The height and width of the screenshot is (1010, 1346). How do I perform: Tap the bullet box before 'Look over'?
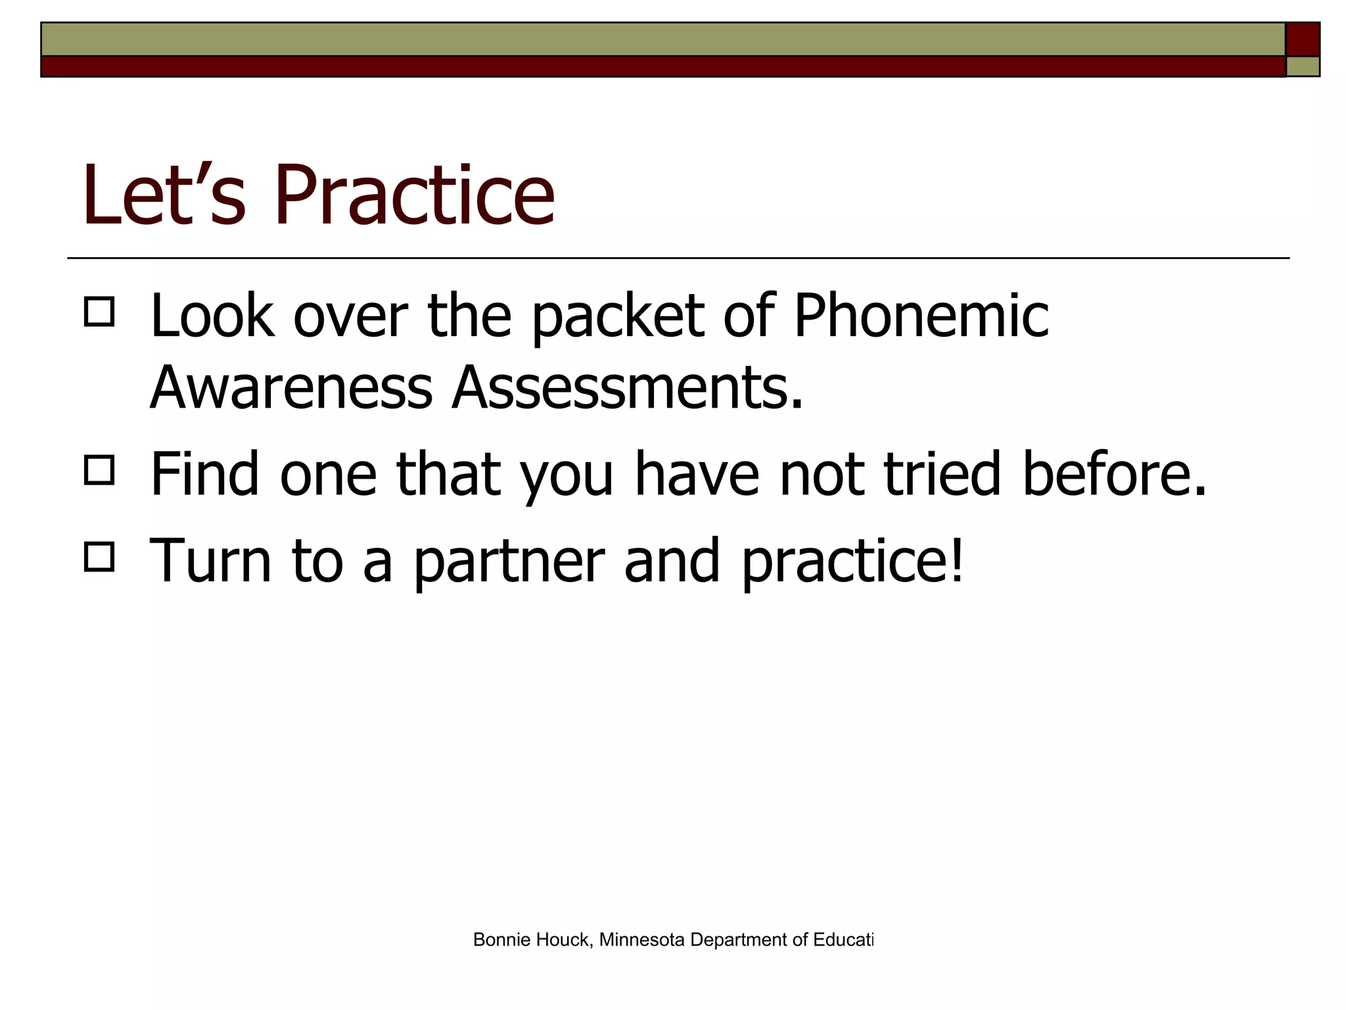(x=99, y=312)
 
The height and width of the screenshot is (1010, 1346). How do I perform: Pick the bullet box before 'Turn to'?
(x=99, y=556)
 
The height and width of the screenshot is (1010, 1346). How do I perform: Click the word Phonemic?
(x=921, y=317)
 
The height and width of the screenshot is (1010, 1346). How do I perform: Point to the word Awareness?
(x=291, y=388)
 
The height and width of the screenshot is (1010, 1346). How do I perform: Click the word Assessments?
(x=627, y=388)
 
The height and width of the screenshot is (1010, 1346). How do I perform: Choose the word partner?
(x=509, y=562)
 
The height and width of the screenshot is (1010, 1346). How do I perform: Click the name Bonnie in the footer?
(x=502, y=940)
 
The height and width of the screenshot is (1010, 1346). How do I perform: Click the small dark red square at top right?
(x=1303, y=39)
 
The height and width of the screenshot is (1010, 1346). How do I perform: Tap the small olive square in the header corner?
(x=1303, y=66)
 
